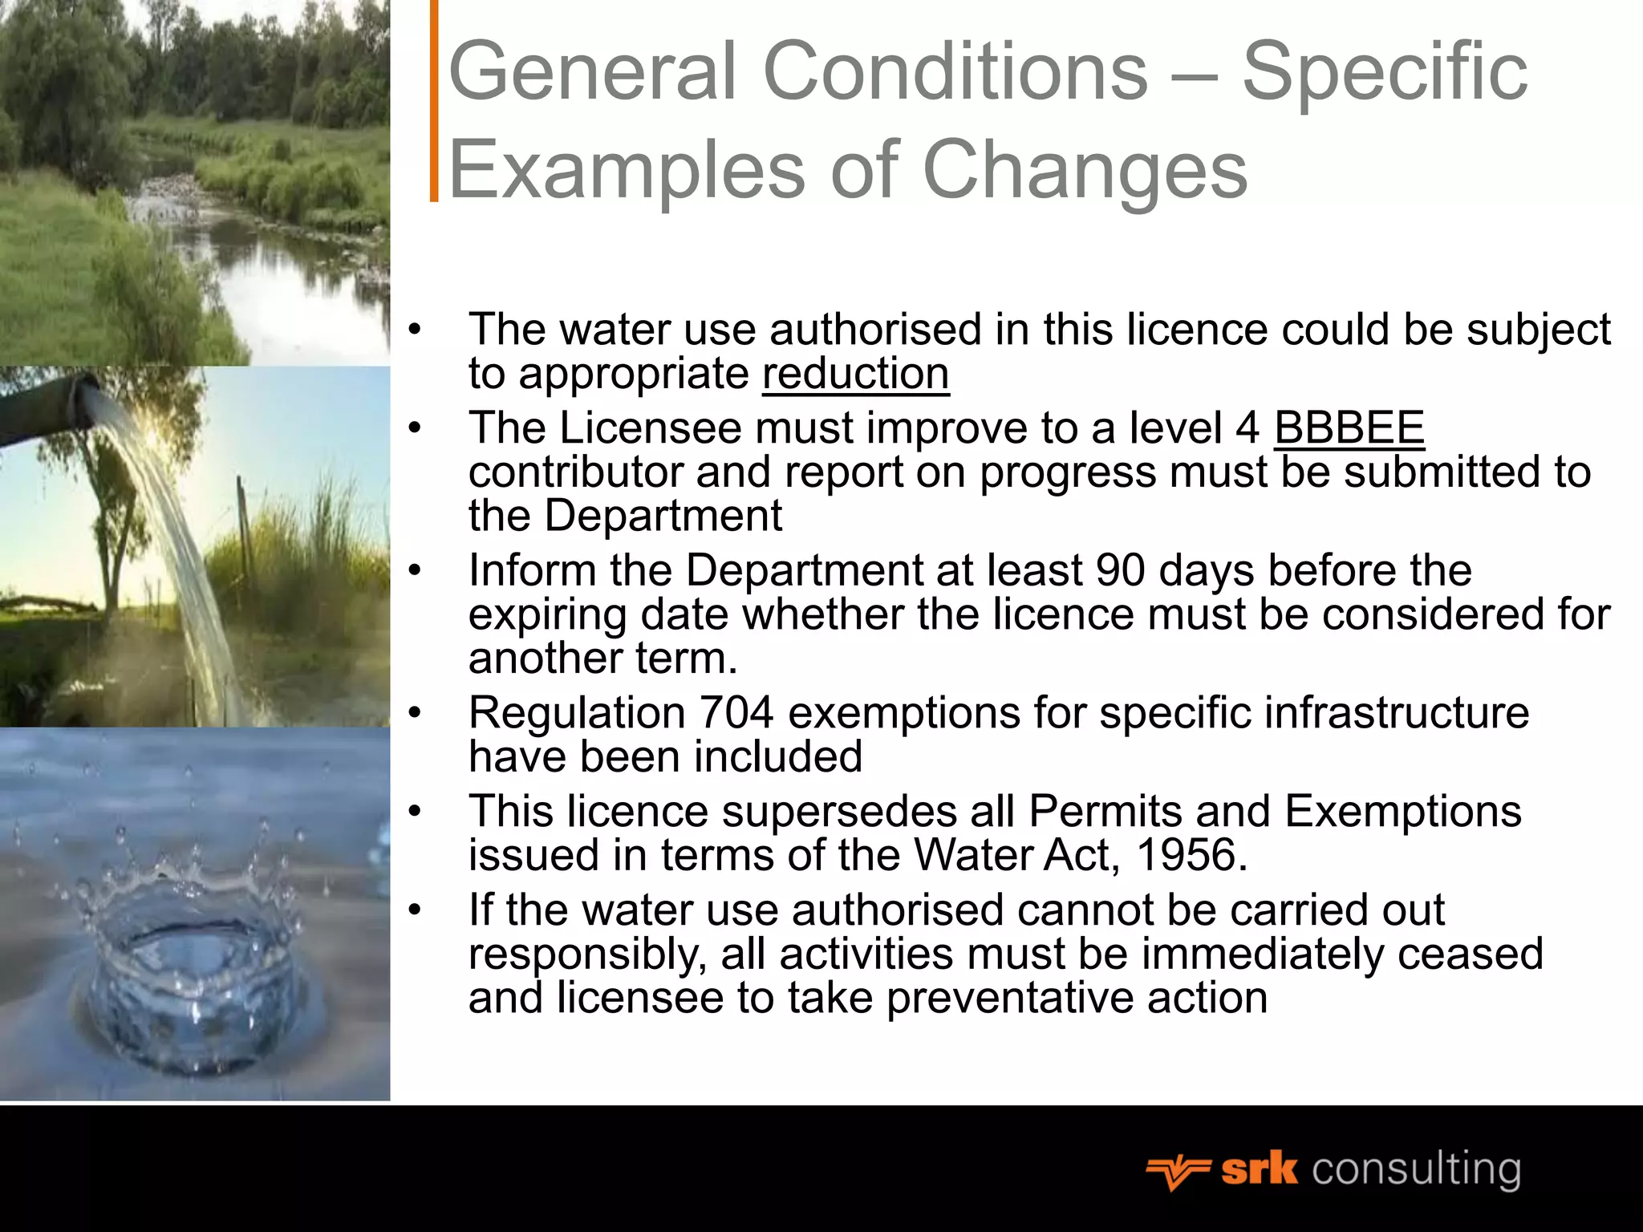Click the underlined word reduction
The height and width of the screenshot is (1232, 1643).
tap(855, 375)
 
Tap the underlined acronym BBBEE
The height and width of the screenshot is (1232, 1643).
tap(1349, 428)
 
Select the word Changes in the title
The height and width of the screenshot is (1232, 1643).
tap(1085, 170)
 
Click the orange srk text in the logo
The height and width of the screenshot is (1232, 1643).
tap(1259, 1169)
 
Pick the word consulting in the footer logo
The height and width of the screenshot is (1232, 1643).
tap(1416, 1169)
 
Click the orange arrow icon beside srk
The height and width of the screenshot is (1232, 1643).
tap(1177, 1172)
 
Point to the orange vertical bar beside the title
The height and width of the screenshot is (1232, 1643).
tap(434, 100)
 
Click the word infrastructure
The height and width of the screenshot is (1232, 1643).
tap(1396, 713)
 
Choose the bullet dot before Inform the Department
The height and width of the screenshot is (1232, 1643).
tap(414, 570)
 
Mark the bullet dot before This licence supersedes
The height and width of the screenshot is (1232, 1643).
tap(414, 811)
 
